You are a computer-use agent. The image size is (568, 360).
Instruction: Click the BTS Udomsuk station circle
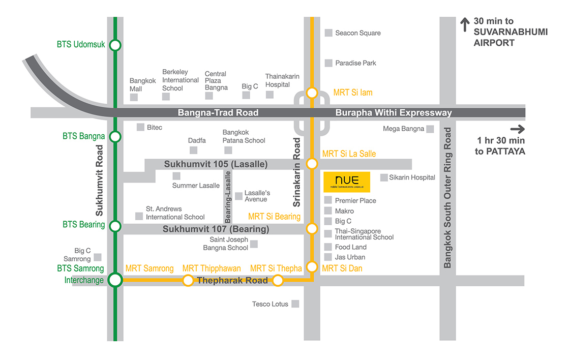coord(115,45)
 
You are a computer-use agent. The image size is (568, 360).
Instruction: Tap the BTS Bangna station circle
coord(115,137)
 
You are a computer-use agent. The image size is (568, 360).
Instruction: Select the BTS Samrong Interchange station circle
coord(115,280)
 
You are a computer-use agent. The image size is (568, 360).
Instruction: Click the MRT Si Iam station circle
coord(312,93)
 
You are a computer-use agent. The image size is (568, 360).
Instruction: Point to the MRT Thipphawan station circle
coord(188,280)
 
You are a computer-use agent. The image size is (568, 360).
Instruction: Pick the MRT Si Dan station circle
coord(312,267)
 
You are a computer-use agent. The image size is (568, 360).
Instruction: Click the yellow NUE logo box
coord(347,182)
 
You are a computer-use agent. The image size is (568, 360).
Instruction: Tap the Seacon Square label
coord(358,33)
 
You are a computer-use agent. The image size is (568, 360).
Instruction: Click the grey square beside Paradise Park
coord(328,63)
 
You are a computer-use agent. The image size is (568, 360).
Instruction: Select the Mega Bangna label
coord(404,129)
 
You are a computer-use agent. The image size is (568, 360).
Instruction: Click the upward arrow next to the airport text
coord(465,24)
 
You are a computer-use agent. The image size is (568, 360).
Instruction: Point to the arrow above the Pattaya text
coord(518,129)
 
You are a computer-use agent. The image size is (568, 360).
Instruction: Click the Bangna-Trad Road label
coord(218,113)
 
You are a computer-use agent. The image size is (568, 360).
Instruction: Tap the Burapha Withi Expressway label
coord(394,113)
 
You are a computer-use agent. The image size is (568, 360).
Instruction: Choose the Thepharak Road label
coord(232,280)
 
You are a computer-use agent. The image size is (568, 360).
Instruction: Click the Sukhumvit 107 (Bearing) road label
coord(216,229)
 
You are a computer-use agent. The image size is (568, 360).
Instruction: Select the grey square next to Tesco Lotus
coord(295,304)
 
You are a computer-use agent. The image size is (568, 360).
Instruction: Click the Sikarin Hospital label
coord(412,177)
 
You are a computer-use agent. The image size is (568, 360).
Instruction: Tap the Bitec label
coord(155,128)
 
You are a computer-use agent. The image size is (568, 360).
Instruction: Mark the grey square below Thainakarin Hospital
coord(270,95)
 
